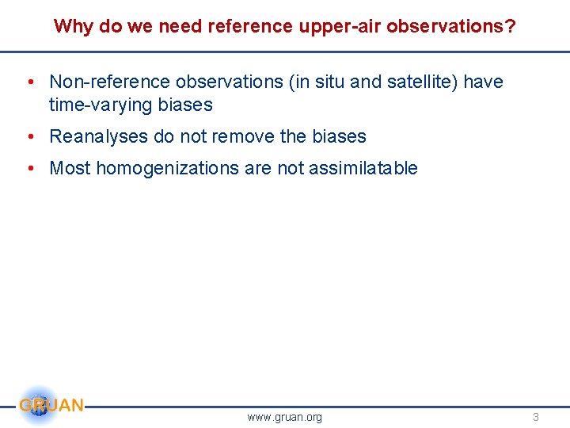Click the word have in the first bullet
pos(483,82)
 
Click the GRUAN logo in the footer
pos(50,406)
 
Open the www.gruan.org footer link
pos(285,417)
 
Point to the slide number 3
pos(535,417)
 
